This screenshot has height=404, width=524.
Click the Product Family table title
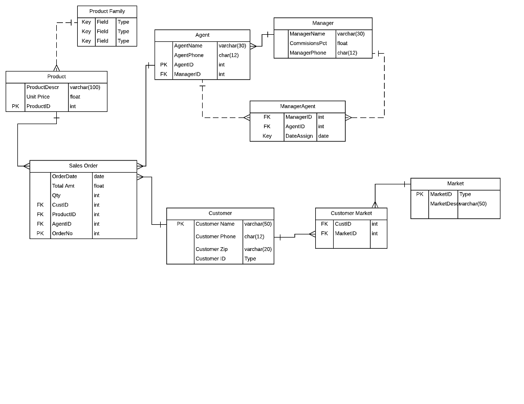(x=107, y=11)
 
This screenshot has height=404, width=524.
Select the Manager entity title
(x=323, y=23)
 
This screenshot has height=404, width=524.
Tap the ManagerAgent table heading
(x=297, y=106)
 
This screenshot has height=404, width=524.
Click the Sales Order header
(x=83, y=165)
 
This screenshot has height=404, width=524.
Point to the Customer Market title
(x=351, y=213)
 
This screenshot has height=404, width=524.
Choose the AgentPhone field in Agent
(x=189, y=55)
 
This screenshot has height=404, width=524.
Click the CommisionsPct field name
(x=308, y=43)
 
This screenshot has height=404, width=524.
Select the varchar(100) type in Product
(x=85, y=87)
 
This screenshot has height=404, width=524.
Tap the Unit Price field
(x=38, y=97)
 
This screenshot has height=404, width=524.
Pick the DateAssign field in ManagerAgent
(x=299, y=136)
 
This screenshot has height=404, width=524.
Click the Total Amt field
(x=63, y=186)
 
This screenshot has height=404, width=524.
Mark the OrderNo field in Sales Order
(x=62, y=233)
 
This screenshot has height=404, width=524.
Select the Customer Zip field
(x=211, y=249)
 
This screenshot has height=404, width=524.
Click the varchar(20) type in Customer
(x=258, y=249)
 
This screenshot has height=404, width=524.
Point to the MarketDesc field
(x=443, y=204)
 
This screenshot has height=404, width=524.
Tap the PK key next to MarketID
(x=420, y=194)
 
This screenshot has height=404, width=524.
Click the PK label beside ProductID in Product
(x=15, y=106)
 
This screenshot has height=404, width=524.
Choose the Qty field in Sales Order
(x=56, y=195)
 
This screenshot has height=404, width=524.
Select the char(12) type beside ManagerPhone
(x=347, y=53)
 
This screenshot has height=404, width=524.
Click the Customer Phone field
(x=215, y=236)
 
